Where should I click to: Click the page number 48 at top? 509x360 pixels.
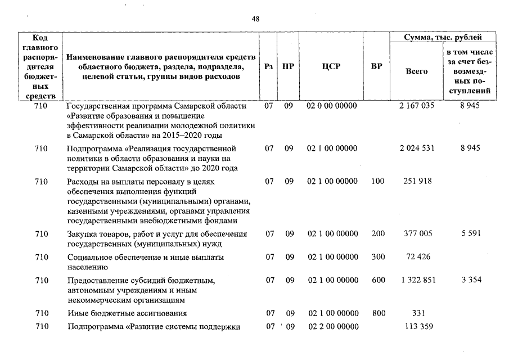click(255, 19)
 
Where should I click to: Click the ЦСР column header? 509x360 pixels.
click(331, 66)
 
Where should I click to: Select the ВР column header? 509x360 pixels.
click(377, 66)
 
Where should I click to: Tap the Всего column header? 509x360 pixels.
click(416, 71)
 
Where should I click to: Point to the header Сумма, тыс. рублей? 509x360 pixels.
click(443, 38)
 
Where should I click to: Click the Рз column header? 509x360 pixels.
click(269, 66)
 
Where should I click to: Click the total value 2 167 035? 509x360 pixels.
click(417, 106)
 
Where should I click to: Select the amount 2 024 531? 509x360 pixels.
click(417, 148)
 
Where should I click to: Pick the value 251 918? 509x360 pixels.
click(417, 182)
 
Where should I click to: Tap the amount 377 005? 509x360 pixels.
click(417, 233)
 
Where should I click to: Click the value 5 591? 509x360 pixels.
click(471, 233)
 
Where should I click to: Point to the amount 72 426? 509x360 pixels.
click(417, 257)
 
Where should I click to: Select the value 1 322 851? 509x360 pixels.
click(417, 280)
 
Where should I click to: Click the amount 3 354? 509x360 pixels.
click(471, 280)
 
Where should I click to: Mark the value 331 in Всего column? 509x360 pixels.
click(417, 313)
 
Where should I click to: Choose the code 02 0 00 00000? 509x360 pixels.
click(332, 106)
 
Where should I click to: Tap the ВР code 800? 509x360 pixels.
click(378, 313)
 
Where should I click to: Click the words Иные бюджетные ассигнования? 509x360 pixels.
click(127, 313)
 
